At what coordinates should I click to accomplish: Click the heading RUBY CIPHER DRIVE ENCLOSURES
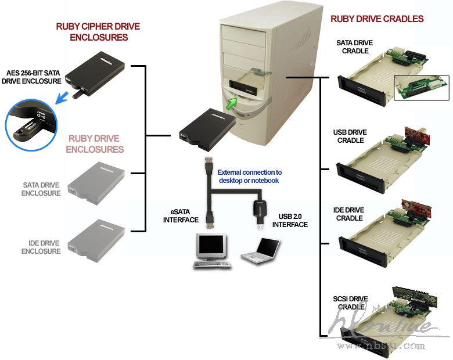click(x=98, y=32)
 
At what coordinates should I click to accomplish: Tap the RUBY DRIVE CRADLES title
click(x=377, y=19)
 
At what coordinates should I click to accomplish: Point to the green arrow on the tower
click(x=232, y=103)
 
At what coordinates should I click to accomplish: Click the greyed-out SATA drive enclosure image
click(x=96, y=177)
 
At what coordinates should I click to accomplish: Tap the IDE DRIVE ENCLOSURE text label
click(x=41, y=247)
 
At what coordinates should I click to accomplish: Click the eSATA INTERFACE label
click(x=181, y=216)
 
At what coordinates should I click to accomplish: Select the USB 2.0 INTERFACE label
click(x=290, y=221)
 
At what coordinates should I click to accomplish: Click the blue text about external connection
click(x=250, y=176)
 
